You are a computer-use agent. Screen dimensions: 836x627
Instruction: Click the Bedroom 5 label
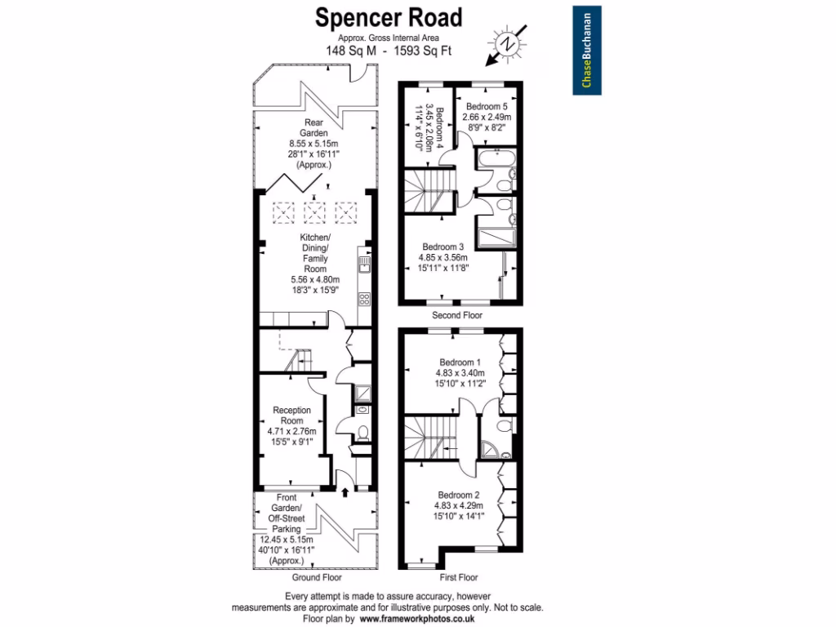point(487,107)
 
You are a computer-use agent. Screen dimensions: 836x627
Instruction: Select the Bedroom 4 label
point(441,127)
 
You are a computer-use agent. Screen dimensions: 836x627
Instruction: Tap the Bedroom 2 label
point(459,495)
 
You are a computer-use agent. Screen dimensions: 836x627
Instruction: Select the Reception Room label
point(292,411)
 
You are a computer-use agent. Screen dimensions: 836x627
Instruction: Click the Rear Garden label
point(313,127)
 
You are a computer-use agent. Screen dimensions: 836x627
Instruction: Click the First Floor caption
point(459,576)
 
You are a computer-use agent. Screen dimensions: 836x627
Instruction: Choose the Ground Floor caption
point(312,576)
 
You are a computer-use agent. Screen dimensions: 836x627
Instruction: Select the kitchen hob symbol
point(364,299)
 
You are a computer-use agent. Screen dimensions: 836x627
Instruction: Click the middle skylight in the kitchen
point(314,214)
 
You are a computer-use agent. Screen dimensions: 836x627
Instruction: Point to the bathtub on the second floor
point(495,159)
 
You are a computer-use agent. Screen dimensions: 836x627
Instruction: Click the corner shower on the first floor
point(491,448)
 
